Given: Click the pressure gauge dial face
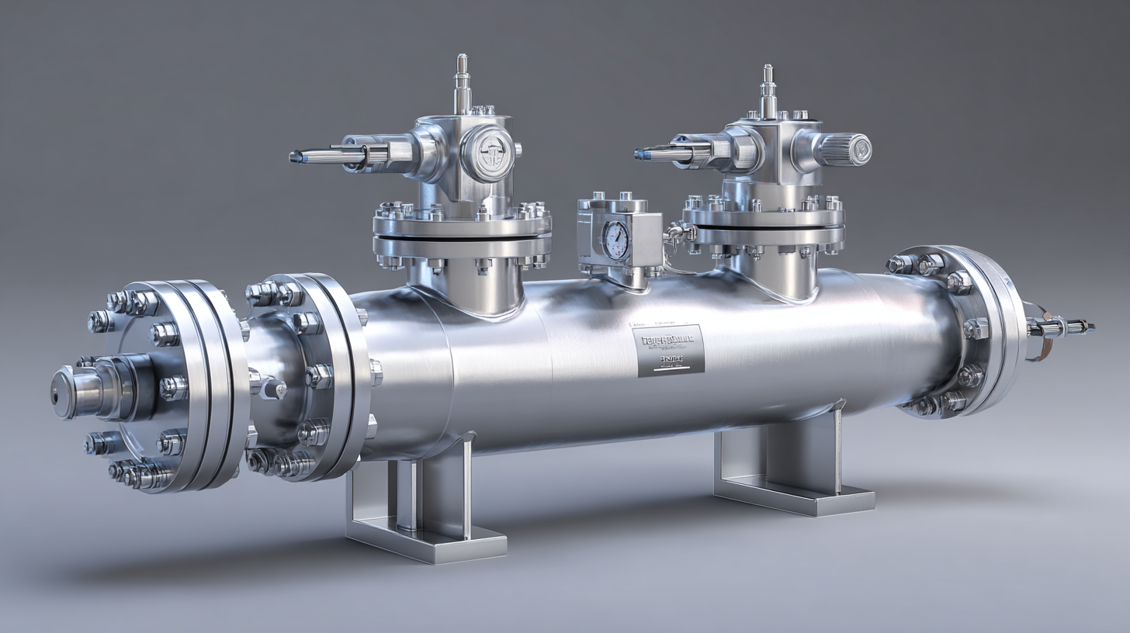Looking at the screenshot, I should (617, 240).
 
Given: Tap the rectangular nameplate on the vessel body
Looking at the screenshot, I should (669, 350).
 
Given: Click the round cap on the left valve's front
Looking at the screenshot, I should (487, 154).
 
